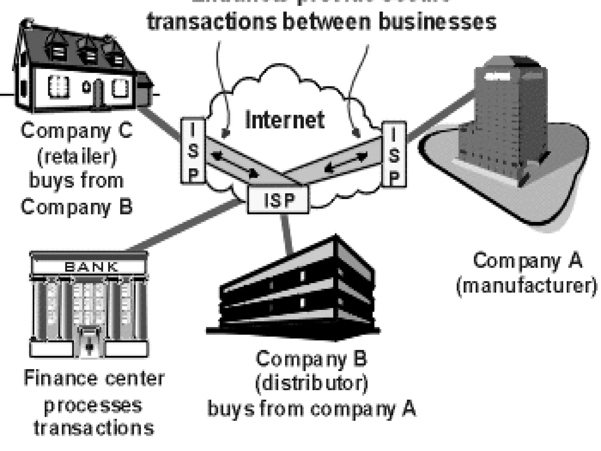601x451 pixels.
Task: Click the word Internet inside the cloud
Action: tap(285, 120)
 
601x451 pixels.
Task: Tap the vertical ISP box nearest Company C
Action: tap(193, 150)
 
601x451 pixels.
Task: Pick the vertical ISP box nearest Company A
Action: tap(394, 154)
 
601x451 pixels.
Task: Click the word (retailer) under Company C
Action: tap(77, 156)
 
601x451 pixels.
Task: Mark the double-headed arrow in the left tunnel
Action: tap(235, 165)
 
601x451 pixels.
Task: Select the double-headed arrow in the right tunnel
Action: tap(346, 161)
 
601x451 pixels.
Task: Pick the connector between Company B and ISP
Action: tap(287, 233)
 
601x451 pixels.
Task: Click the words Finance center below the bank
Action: tap(94, 379)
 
